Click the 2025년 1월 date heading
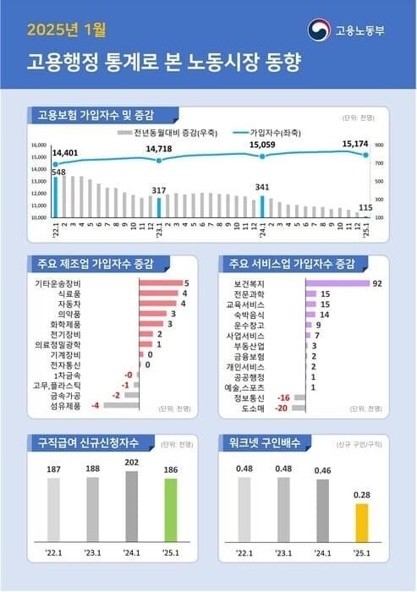click(67, 30)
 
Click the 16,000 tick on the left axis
click(39, 145)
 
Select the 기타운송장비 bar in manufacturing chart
click(160, 283)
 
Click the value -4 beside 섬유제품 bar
click(96, 405)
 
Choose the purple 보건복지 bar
click(331, 283)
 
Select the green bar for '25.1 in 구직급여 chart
click(171, 510)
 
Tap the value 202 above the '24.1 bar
click(132, 463)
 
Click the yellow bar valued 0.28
click(361, 523)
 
